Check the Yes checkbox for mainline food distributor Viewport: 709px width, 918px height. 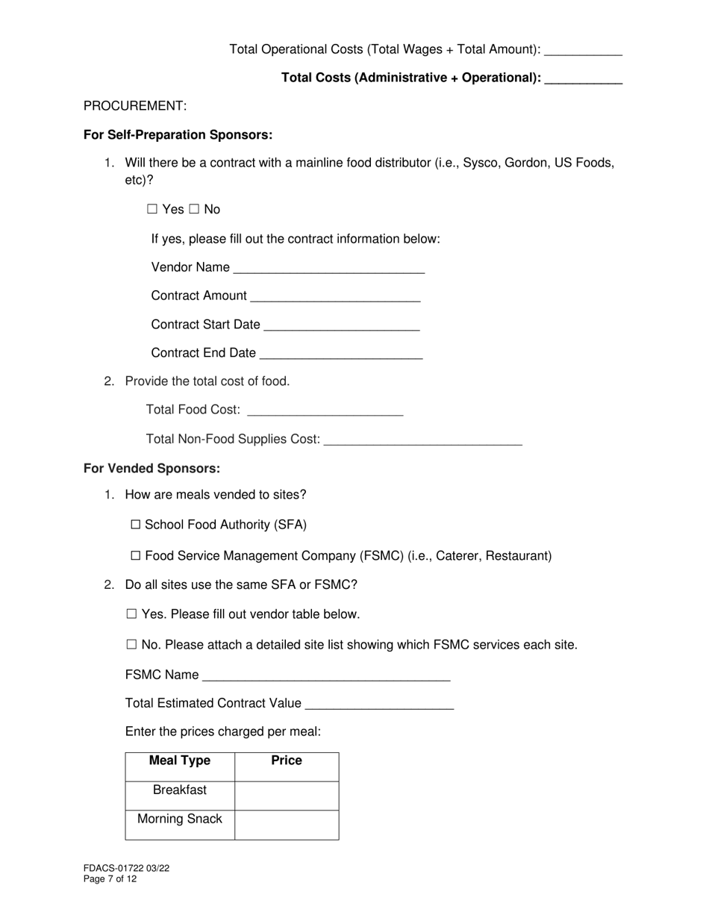tap(152, 210)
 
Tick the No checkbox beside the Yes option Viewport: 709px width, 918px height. tap(194, 210)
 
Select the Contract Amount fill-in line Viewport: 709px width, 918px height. tap(335, 296)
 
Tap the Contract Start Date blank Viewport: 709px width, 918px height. tap(342, 325)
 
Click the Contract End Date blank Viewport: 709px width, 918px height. tap(341, 353)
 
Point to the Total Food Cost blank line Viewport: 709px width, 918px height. tap(325, 410)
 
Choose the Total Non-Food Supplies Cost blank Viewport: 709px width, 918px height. tap(423, 440)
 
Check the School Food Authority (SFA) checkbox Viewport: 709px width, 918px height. tap(136, 525)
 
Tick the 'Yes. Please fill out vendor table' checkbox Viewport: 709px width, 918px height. tap(132, 615)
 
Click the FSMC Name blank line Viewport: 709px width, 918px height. tap(326, 675)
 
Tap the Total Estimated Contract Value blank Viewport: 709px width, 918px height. tap(379, 704)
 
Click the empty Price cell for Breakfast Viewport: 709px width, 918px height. tap(287, 796)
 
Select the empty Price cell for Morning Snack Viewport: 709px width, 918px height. tap(287, 825)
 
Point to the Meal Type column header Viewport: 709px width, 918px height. tap(180, 761)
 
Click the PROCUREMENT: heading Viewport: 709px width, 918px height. tap(135, 106)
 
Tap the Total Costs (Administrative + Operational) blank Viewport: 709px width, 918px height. tap(583, 78)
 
